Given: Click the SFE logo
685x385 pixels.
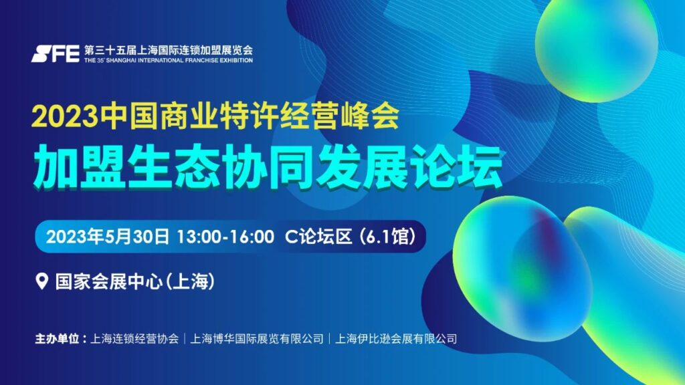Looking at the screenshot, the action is coord(55,53).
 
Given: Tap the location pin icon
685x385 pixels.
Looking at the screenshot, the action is coord(41,281).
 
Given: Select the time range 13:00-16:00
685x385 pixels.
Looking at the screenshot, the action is coord(225,237).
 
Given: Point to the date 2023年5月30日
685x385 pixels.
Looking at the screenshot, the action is coord(108,237).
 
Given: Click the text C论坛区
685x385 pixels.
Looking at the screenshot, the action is coord(318,237).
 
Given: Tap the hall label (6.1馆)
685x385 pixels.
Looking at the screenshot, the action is coord(387,237).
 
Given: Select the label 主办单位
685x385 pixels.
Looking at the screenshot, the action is coord(57,339).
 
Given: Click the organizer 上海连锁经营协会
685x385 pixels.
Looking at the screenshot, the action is coord(134,339).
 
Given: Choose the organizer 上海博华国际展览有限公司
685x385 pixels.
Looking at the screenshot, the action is coord(257,339).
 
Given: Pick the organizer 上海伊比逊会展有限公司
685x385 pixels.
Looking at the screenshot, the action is coord(396,339).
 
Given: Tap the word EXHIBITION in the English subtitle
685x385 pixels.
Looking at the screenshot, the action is coord(236,60).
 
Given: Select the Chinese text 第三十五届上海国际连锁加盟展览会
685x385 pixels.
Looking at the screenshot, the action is coord(169,50).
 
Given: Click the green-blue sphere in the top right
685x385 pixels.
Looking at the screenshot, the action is coord(596,51).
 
